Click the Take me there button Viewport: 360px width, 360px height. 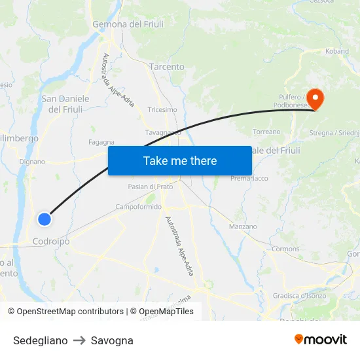coord(180,160)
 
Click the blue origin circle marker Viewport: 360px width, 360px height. coord(44,219)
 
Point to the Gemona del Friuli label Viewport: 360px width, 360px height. coord(128,24)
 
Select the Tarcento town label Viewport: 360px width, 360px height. coord(167,67)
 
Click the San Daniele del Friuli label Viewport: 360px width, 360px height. coord(65,104)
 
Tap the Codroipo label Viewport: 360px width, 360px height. coord(51,242)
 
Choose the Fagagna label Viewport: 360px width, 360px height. coord(101,141)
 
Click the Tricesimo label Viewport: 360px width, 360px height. coord(162,110)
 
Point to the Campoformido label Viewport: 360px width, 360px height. coord(138,206)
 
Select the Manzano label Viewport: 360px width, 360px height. coord(243,226)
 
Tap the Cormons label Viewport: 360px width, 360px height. coord(285,249)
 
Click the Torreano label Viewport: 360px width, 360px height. coord(266,132)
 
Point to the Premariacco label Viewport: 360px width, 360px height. coord(249,178)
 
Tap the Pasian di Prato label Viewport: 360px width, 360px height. coord(150,187)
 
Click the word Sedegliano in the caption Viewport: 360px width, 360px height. coord(40,340)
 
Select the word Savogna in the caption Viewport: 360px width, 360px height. coord(112,340)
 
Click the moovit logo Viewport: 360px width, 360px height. coord(321,339)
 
